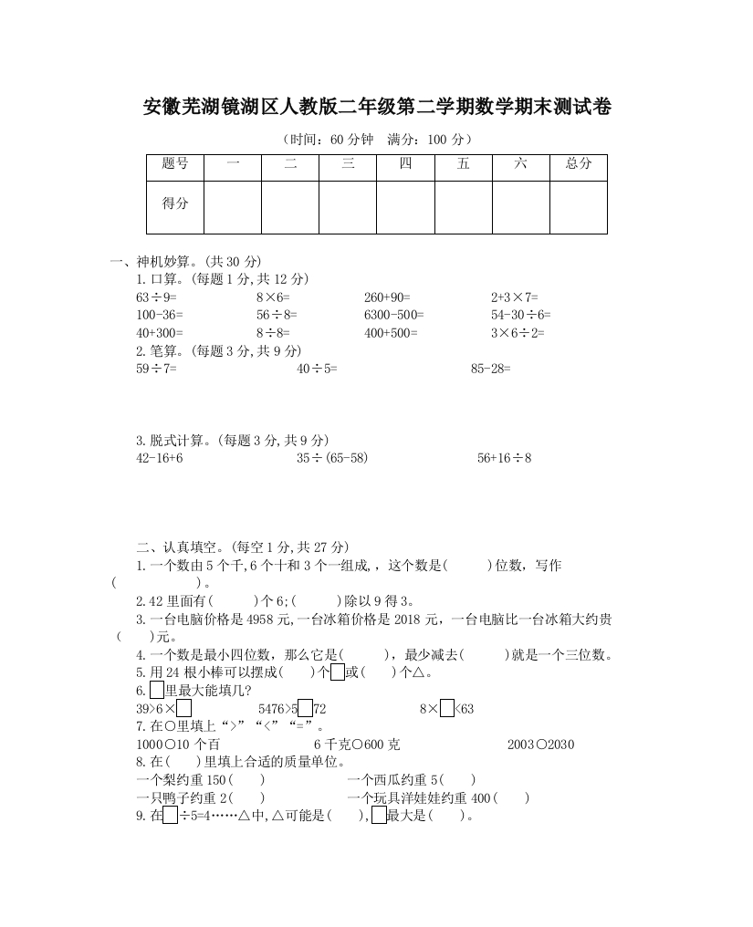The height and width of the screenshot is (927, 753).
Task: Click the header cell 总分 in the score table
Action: tap(578, 164)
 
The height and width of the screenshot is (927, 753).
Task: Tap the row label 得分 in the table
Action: tap(175, 204)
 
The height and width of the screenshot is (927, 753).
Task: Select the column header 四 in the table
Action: tap(405, 164)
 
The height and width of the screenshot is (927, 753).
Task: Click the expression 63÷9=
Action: tap(156, 297)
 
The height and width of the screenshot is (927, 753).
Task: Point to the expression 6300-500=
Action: tap(393, 315)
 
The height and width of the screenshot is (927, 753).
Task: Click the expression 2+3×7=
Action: tap(515, 297)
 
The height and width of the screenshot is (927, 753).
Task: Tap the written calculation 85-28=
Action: tap(491, 369)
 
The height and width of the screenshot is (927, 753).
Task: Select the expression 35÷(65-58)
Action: tap(332, 458)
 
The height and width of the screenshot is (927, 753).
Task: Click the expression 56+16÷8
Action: tap(504, 458)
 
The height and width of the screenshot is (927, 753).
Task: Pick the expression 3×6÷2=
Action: tap(518, 333)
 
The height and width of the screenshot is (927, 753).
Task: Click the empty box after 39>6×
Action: tap(183, 709)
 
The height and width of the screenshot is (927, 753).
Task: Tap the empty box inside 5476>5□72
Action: tap(306, 709)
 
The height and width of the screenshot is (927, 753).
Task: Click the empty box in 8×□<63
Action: tap(446, 709)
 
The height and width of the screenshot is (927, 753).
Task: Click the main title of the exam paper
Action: tap(377, 109)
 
